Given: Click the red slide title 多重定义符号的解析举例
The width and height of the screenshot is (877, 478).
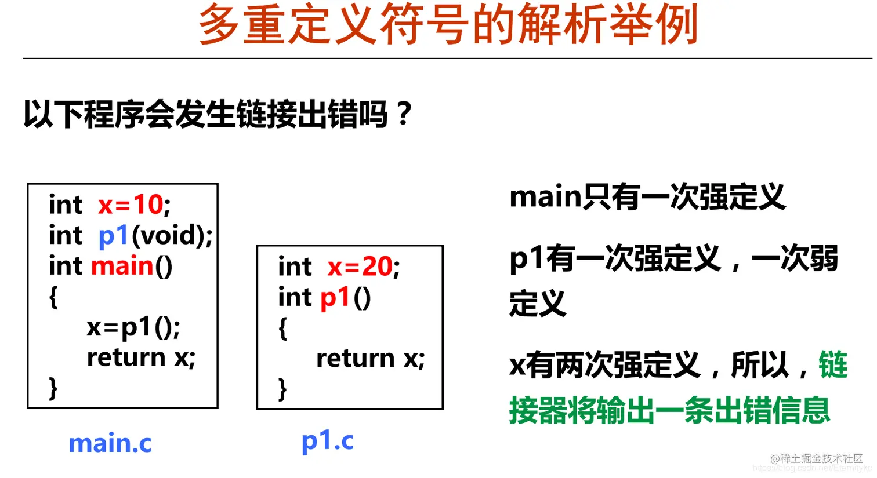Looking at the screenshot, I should pyautogui.click(x=448, y=24).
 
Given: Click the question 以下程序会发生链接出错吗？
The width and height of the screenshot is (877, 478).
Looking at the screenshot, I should pyautogui.click(x=218, y=114).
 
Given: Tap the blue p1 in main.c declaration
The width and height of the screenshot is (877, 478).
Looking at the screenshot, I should pyautogui.click(x=113, y=235).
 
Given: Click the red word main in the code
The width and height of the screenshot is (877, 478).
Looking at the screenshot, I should pyautogui.click(x=122, y=266).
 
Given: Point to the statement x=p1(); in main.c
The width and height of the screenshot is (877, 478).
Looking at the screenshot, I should pyautogui.click(x=133, y=327).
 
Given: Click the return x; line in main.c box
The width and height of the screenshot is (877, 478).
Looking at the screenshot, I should pyautogui.click(x=141, y=358).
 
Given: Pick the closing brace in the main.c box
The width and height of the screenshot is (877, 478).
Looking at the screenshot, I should pyautogui.click(x=53, y=388).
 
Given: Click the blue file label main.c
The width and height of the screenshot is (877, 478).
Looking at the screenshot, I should pyautogui.click(x=110, y=443).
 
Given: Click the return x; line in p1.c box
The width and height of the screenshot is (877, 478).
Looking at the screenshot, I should pyautogui.click(x=371, y=359).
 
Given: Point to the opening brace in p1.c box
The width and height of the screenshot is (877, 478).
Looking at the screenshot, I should pyautogui.click(x=283, y=329).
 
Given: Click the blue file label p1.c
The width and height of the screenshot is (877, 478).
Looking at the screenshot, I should pyautogui.click(x=328, y=441).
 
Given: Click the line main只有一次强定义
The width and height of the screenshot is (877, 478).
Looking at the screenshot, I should pyautogui.click(x=647, y=197).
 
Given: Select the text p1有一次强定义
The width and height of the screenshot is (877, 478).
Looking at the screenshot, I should pyautogui.click(x=615, y=258).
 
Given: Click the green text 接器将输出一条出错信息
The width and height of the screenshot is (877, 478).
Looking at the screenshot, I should pyautogui.click(x=670, y=410).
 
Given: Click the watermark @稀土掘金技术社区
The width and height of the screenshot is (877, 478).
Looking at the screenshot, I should pyautogui.click(x=817, y=458).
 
